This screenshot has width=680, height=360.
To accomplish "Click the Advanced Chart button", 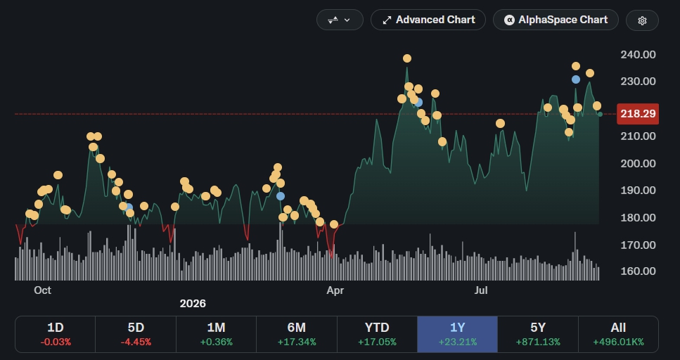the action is point(428,20).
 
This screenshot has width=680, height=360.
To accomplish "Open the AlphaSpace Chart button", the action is point(556,20).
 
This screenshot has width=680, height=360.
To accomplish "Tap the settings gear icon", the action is point(642,20).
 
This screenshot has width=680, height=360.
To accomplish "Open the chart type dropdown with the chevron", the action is point(340,20).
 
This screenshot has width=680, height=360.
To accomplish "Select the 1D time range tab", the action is point(55,334).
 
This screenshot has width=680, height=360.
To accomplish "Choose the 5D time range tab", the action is point(136,334).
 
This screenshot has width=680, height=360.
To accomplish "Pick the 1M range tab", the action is point(216,334).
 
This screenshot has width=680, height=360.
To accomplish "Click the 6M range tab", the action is point(297,334).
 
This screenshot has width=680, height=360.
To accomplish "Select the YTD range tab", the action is point(377,334).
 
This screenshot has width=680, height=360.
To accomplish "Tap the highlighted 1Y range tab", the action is point(458,334).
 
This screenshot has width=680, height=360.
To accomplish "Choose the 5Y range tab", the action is point(538,334).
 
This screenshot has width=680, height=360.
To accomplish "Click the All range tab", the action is point(618,334).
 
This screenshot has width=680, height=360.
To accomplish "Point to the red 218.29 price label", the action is point(638,114).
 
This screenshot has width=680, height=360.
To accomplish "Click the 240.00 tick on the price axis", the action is point(638,54).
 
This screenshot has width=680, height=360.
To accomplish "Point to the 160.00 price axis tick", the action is point(638,271).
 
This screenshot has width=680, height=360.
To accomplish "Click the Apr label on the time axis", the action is point(335,290).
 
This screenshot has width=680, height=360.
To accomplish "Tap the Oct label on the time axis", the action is point(42,290).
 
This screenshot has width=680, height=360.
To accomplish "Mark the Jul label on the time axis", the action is point(481,290).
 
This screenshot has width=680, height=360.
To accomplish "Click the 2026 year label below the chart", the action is point(193,304).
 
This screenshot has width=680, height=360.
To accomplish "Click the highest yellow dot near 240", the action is point(406,58).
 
